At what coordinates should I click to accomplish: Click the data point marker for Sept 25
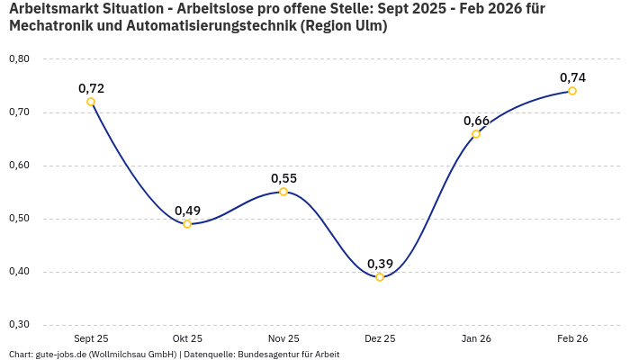[x=91, y=102]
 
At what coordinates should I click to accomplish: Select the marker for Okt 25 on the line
[x=187, y=224]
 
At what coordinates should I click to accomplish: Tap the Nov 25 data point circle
[x=283, y=192]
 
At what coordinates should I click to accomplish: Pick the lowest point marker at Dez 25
[x=380, y=277]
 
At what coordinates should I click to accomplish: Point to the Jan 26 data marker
[x=476, y=134]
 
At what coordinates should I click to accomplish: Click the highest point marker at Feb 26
[x=572, y=91]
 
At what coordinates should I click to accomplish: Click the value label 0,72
[x=91, y=88]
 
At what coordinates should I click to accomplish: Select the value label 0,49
[x=187, y=211]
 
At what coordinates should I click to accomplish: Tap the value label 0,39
[x=380, y=264]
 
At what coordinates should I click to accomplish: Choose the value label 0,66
[x=476, y=121]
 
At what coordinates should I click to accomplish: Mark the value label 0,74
[x=572, y=77]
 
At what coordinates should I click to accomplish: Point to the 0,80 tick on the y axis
[x=19, y=59]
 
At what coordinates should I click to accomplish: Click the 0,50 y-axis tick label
[x=19, y=219]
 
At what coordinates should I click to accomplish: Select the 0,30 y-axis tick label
[x=19, y=325]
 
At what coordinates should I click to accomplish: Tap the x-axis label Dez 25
[x=380, y=338]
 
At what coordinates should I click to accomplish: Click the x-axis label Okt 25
[x=187, y=338]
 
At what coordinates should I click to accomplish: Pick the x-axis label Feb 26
[x=572, y=338]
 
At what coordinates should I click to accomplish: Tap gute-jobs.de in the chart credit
[x=62, y=355]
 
